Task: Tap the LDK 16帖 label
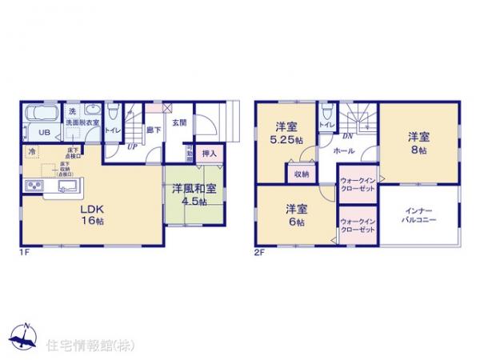tap(90, 214)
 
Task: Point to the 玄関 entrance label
tap(178, 123)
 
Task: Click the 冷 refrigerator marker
tap(31, 151)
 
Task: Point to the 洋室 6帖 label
tap(294, 216)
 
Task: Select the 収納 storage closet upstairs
tap(300, 173)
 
